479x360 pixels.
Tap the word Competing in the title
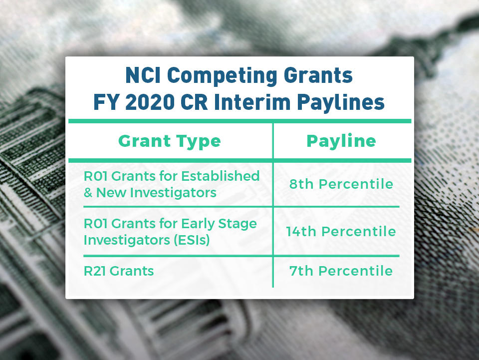[x=222, y=76]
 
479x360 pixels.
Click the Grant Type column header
[x=169, y=141]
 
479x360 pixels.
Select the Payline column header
[x=341, y=141]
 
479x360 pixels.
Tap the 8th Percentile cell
[x=341, y=184]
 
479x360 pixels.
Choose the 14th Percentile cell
[x=341, y=232]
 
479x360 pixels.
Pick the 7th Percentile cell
[x=341, y=271]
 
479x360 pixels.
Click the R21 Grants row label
[x=118, y=271]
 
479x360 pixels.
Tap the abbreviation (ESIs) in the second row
[x=193, y=240]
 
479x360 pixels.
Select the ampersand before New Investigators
[x=88, y=193]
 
